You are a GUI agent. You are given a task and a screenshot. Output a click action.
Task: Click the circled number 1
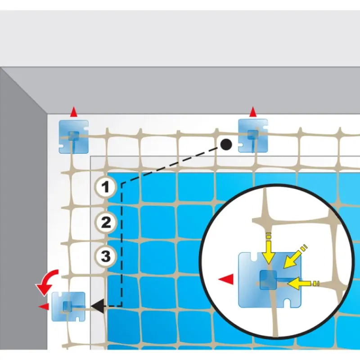click(105, 187)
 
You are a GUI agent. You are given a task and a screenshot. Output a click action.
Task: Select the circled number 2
click(106, 222)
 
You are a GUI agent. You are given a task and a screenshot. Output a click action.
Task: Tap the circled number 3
click(106, 256)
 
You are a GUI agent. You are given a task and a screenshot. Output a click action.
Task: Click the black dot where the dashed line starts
click(226, 144)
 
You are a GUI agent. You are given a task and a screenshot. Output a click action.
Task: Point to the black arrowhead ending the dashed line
click(98, 306)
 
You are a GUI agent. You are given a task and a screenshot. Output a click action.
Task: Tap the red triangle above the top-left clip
click(74, 112)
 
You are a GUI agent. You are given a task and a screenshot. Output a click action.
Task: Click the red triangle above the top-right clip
click(253, 112)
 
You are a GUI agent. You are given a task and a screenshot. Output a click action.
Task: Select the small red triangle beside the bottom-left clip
click(44, 307)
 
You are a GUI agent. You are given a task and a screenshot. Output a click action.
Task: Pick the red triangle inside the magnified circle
click(226, 279)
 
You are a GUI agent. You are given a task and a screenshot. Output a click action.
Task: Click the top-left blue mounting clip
click(74, 136)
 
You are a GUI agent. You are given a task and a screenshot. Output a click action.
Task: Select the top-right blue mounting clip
click(253, 136)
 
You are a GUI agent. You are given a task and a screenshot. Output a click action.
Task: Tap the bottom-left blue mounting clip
click(68, 306)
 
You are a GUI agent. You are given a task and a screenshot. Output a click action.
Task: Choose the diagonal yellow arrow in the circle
click(295, 256)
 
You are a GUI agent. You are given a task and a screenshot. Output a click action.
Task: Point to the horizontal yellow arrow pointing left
click(303, 283)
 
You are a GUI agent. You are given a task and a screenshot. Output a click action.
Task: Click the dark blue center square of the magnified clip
click(268, 280)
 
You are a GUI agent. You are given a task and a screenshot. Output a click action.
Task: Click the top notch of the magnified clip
click(254, 256)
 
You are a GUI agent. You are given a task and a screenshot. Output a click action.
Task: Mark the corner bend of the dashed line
click(122, 184)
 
